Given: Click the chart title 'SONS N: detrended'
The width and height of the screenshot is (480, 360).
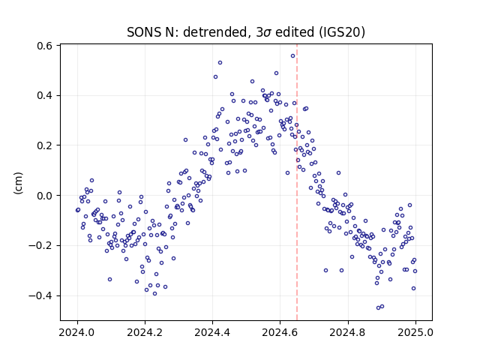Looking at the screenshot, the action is (187, 32).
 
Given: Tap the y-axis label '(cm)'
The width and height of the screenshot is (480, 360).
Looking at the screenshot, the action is (18, 183).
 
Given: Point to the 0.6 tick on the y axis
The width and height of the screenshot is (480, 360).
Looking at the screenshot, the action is (45, 46).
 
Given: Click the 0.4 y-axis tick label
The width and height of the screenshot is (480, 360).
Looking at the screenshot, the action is (45, 95).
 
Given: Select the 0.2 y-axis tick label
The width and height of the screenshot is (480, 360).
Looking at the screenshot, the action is (45, 145).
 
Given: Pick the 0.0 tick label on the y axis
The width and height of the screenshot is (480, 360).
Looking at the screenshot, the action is (45, 196).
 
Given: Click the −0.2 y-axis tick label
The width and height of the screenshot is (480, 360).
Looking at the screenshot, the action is (40, 245).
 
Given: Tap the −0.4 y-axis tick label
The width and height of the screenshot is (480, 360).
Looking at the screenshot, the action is (40, 295).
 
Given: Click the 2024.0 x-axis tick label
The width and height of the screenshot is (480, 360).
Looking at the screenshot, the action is (77, 332).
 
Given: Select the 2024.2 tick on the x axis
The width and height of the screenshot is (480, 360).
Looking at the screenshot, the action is (145, 332).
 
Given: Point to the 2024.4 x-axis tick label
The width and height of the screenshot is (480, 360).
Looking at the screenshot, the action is (212, 332).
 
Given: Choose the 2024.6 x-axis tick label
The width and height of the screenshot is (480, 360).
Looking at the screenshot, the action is (280, 332).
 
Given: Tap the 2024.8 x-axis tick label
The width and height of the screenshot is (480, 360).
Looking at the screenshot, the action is (348, 332).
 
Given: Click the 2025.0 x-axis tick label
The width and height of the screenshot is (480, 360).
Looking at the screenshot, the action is (415, 332).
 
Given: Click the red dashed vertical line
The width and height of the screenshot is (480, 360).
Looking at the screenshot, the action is (297, 182).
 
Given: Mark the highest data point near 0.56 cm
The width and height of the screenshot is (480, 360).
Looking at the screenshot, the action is (293, 56).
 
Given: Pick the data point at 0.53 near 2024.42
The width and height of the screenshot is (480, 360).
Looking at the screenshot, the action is (220, 63).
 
